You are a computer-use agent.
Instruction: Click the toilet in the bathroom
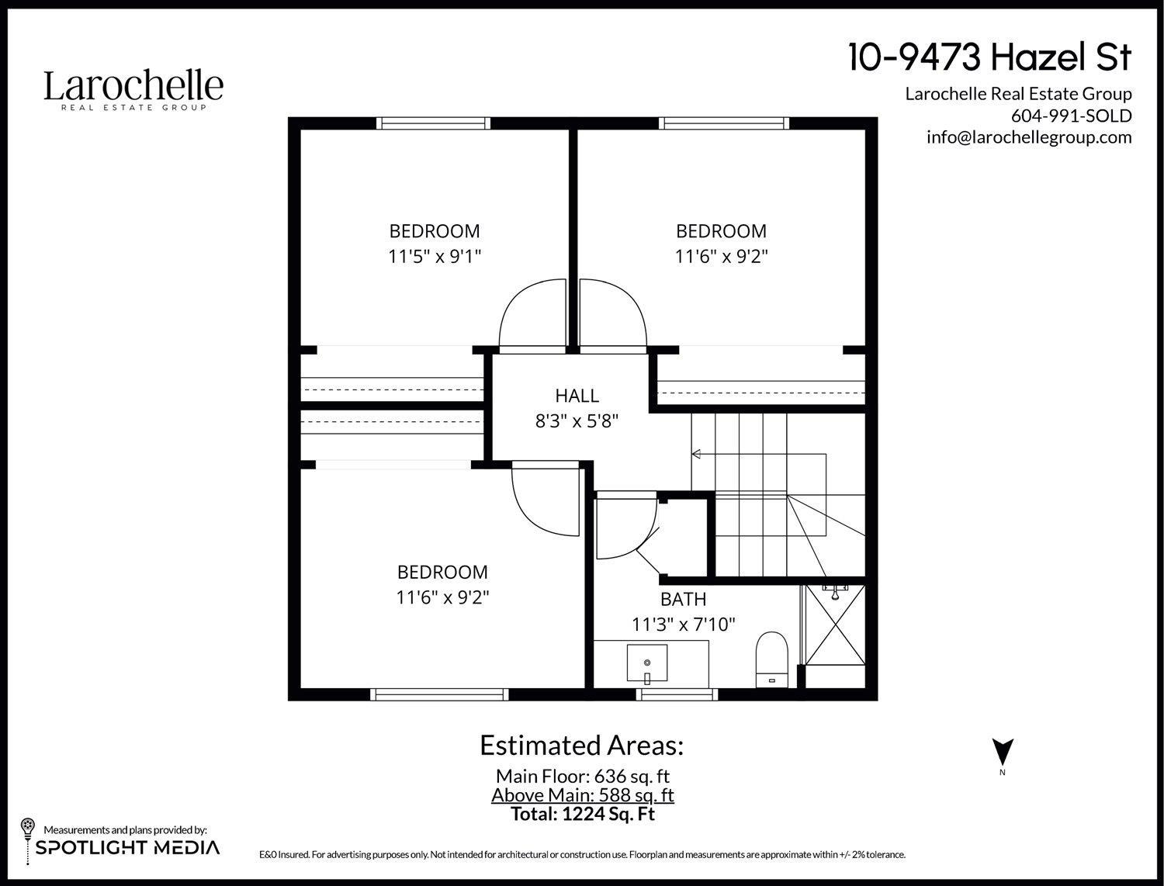pos(771,658)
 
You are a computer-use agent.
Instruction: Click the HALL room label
pos(577,396)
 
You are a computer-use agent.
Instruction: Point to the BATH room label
pos(683,599)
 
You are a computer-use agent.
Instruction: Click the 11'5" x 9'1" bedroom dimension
pos(435,256)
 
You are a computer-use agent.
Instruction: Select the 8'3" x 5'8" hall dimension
pos(577,421)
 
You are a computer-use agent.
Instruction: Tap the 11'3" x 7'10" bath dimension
pos(683,624)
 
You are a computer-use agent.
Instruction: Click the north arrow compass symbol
pos(1003,751)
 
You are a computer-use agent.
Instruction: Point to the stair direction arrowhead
pos(696,454)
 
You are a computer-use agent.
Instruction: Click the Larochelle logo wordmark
pos(133,86)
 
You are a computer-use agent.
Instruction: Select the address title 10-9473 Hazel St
pos(989,57)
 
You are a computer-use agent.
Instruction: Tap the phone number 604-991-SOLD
pos(1071,116)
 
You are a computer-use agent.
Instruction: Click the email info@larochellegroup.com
pos(1028,137)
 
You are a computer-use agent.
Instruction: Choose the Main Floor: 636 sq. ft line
pos(582,776)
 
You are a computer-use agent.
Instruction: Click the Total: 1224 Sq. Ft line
pos(582,814)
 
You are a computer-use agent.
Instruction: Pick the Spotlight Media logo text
pos(127,847)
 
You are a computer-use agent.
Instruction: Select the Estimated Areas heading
pos(582,745)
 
